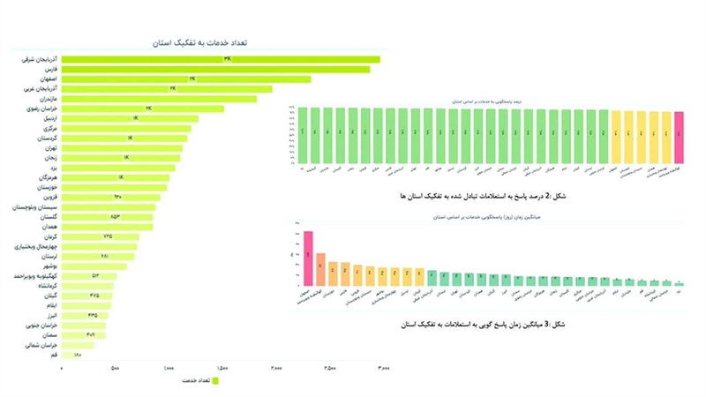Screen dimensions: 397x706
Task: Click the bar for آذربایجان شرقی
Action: click(221, 59)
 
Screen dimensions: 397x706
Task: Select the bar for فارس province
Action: click(216, 69)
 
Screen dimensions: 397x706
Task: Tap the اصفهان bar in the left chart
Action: click(186, 79)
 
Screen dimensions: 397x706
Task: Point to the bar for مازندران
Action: click(160, 99)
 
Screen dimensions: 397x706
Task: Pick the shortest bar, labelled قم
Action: click(76, 355)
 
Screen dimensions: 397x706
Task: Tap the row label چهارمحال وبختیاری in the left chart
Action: click(33, 246)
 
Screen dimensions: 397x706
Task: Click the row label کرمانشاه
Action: click(43, 286)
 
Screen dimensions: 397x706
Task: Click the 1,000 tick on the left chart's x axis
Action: click(168, 367)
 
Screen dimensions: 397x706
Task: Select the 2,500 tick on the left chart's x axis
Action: click(328, 367)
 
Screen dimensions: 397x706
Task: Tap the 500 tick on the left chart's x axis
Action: click(115, 367)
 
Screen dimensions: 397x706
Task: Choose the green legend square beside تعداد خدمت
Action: click(214, 380)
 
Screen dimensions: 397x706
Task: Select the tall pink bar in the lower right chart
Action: click(309, 258)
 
